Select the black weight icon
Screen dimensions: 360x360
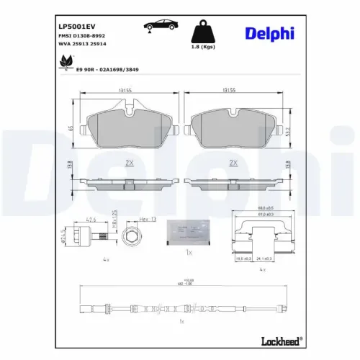click(x=204, y=32)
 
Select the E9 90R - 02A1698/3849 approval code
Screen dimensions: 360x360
click(x=107, y=69)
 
